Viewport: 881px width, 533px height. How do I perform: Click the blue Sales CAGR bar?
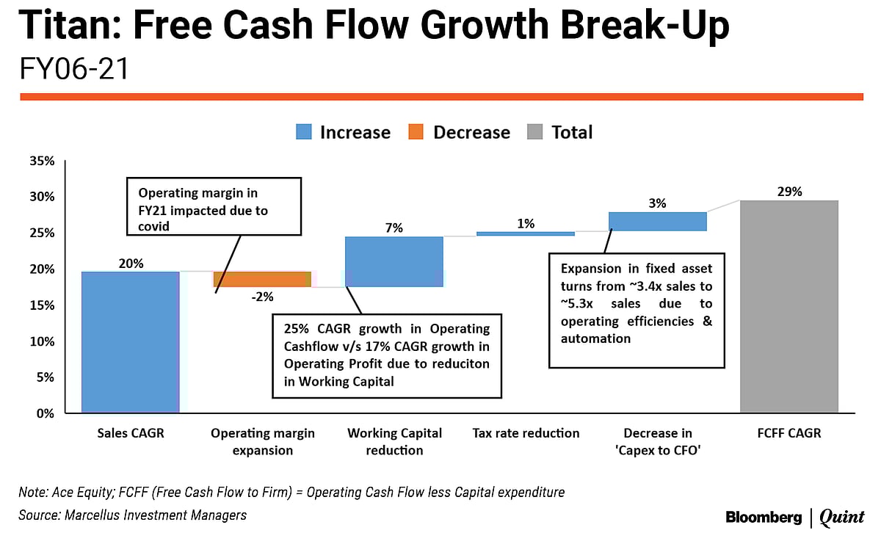click(130, 342)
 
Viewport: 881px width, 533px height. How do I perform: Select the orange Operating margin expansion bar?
click(262, 279)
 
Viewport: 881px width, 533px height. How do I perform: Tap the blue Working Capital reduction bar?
click(394, 261)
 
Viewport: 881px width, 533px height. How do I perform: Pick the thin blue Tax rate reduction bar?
click(526, 233)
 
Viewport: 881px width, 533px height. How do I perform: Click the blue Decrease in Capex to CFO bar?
click(657, 222)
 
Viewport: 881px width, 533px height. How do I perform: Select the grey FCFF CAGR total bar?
click(789, 306)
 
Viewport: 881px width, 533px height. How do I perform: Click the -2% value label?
click(263, 297)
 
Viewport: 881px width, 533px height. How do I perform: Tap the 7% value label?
click(394, 228)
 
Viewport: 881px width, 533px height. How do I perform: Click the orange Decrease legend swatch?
click(416, 132)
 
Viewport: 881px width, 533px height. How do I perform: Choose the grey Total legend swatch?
click(534, 132)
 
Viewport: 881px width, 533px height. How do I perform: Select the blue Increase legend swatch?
click(303, 132)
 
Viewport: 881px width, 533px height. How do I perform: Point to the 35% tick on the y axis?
click(41, 161)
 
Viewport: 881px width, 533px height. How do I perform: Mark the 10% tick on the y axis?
click(41, 341)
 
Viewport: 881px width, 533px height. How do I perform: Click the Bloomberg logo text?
click(764, 517)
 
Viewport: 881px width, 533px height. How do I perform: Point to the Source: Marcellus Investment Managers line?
click(132, 515)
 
